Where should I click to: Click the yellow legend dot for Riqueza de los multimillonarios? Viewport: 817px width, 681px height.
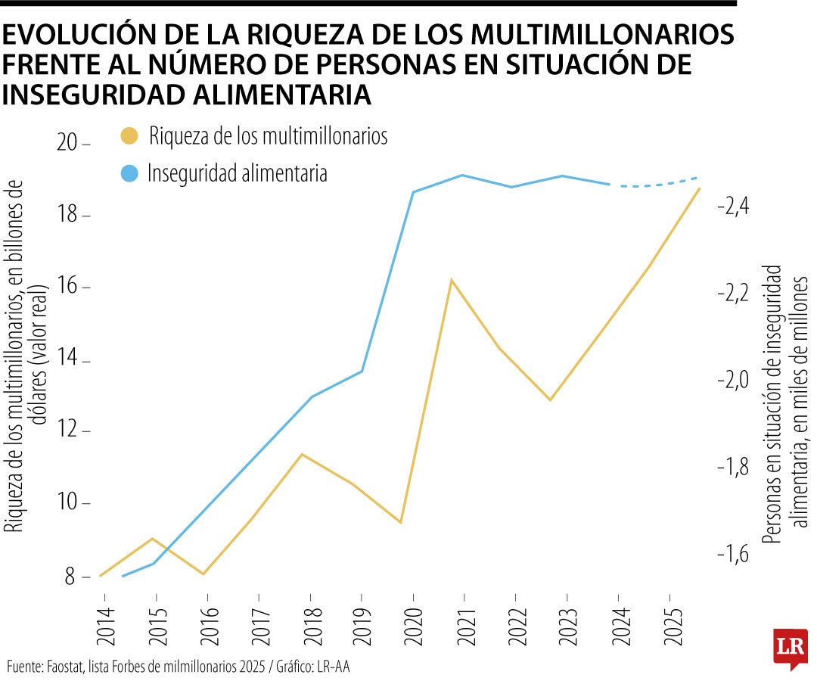click(x=129, y=137)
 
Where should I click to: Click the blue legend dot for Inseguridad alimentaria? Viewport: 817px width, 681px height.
click(x=129, y=173)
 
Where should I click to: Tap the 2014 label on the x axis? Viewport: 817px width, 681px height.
click(x=103, y=627)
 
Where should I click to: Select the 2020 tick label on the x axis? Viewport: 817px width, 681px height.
click(x=413, y=627)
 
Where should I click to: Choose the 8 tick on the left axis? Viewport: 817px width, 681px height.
click(x=72, y=577)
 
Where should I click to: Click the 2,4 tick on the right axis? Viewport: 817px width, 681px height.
click(x=730, y=206)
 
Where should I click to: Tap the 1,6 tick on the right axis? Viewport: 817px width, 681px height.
click(x=730, y=554)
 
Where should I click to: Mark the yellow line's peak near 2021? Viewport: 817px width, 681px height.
click(x=451, y=281)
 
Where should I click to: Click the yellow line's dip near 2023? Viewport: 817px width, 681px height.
click(x=551, y=400)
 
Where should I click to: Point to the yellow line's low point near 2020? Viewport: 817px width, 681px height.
click(x=400, y=522)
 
